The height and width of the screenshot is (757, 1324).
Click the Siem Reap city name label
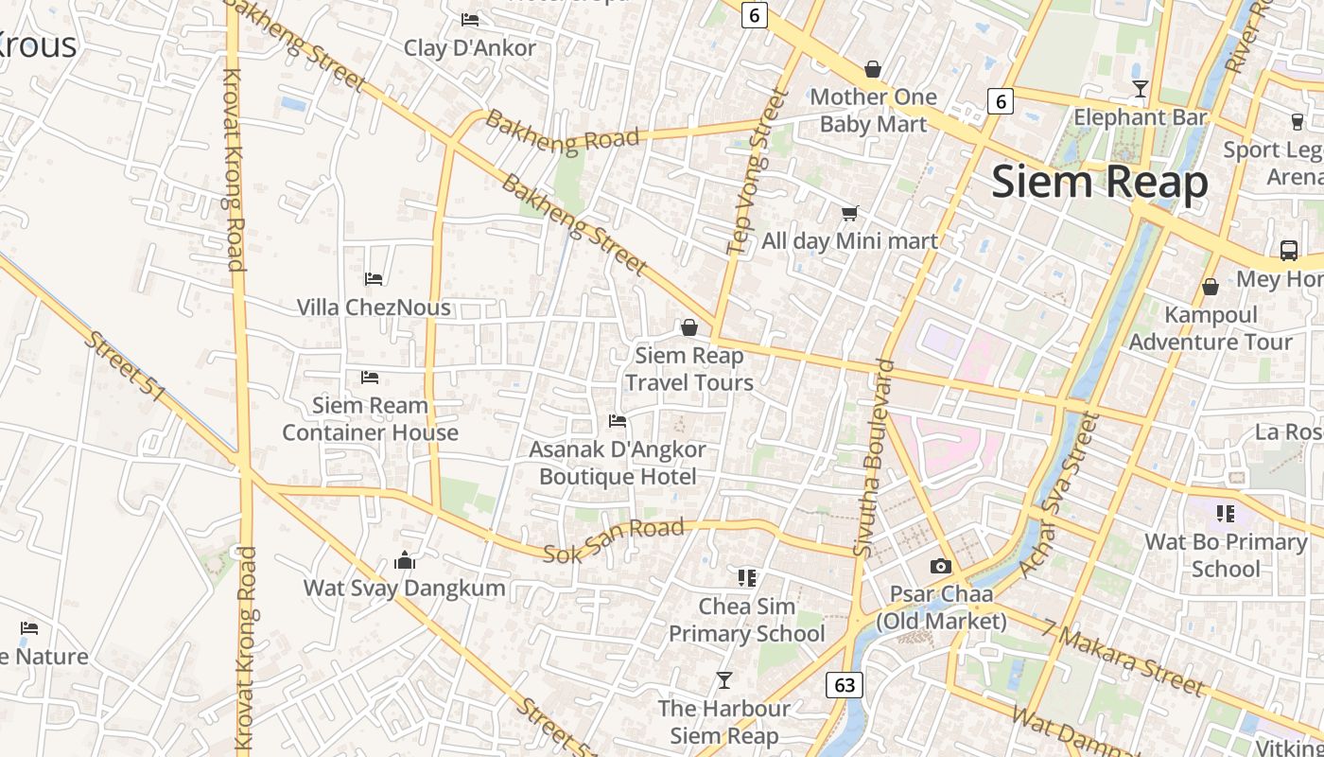1100,181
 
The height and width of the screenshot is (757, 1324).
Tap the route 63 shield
844,684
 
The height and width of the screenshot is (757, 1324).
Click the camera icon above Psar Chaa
940,566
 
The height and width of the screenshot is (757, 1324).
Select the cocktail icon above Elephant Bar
1141,89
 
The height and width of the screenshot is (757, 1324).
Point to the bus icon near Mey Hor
1288,250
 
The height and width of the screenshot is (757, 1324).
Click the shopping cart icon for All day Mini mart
849,214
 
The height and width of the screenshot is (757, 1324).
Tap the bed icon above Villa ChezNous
374,279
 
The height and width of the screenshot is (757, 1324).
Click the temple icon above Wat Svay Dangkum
405,560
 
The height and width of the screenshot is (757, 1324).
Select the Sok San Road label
613,540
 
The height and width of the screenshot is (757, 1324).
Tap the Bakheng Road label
563,132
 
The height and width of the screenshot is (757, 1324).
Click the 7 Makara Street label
1123,657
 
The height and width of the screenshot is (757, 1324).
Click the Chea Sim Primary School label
747,620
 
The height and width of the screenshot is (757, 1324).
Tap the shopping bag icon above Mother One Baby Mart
873,70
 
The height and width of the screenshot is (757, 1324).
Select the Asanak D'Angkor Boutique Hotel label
618,463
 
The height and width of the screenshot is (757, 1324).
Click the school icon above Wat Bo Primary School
1226,514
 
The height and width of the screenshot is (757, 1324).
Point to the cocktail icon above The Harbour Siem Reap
724,679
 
